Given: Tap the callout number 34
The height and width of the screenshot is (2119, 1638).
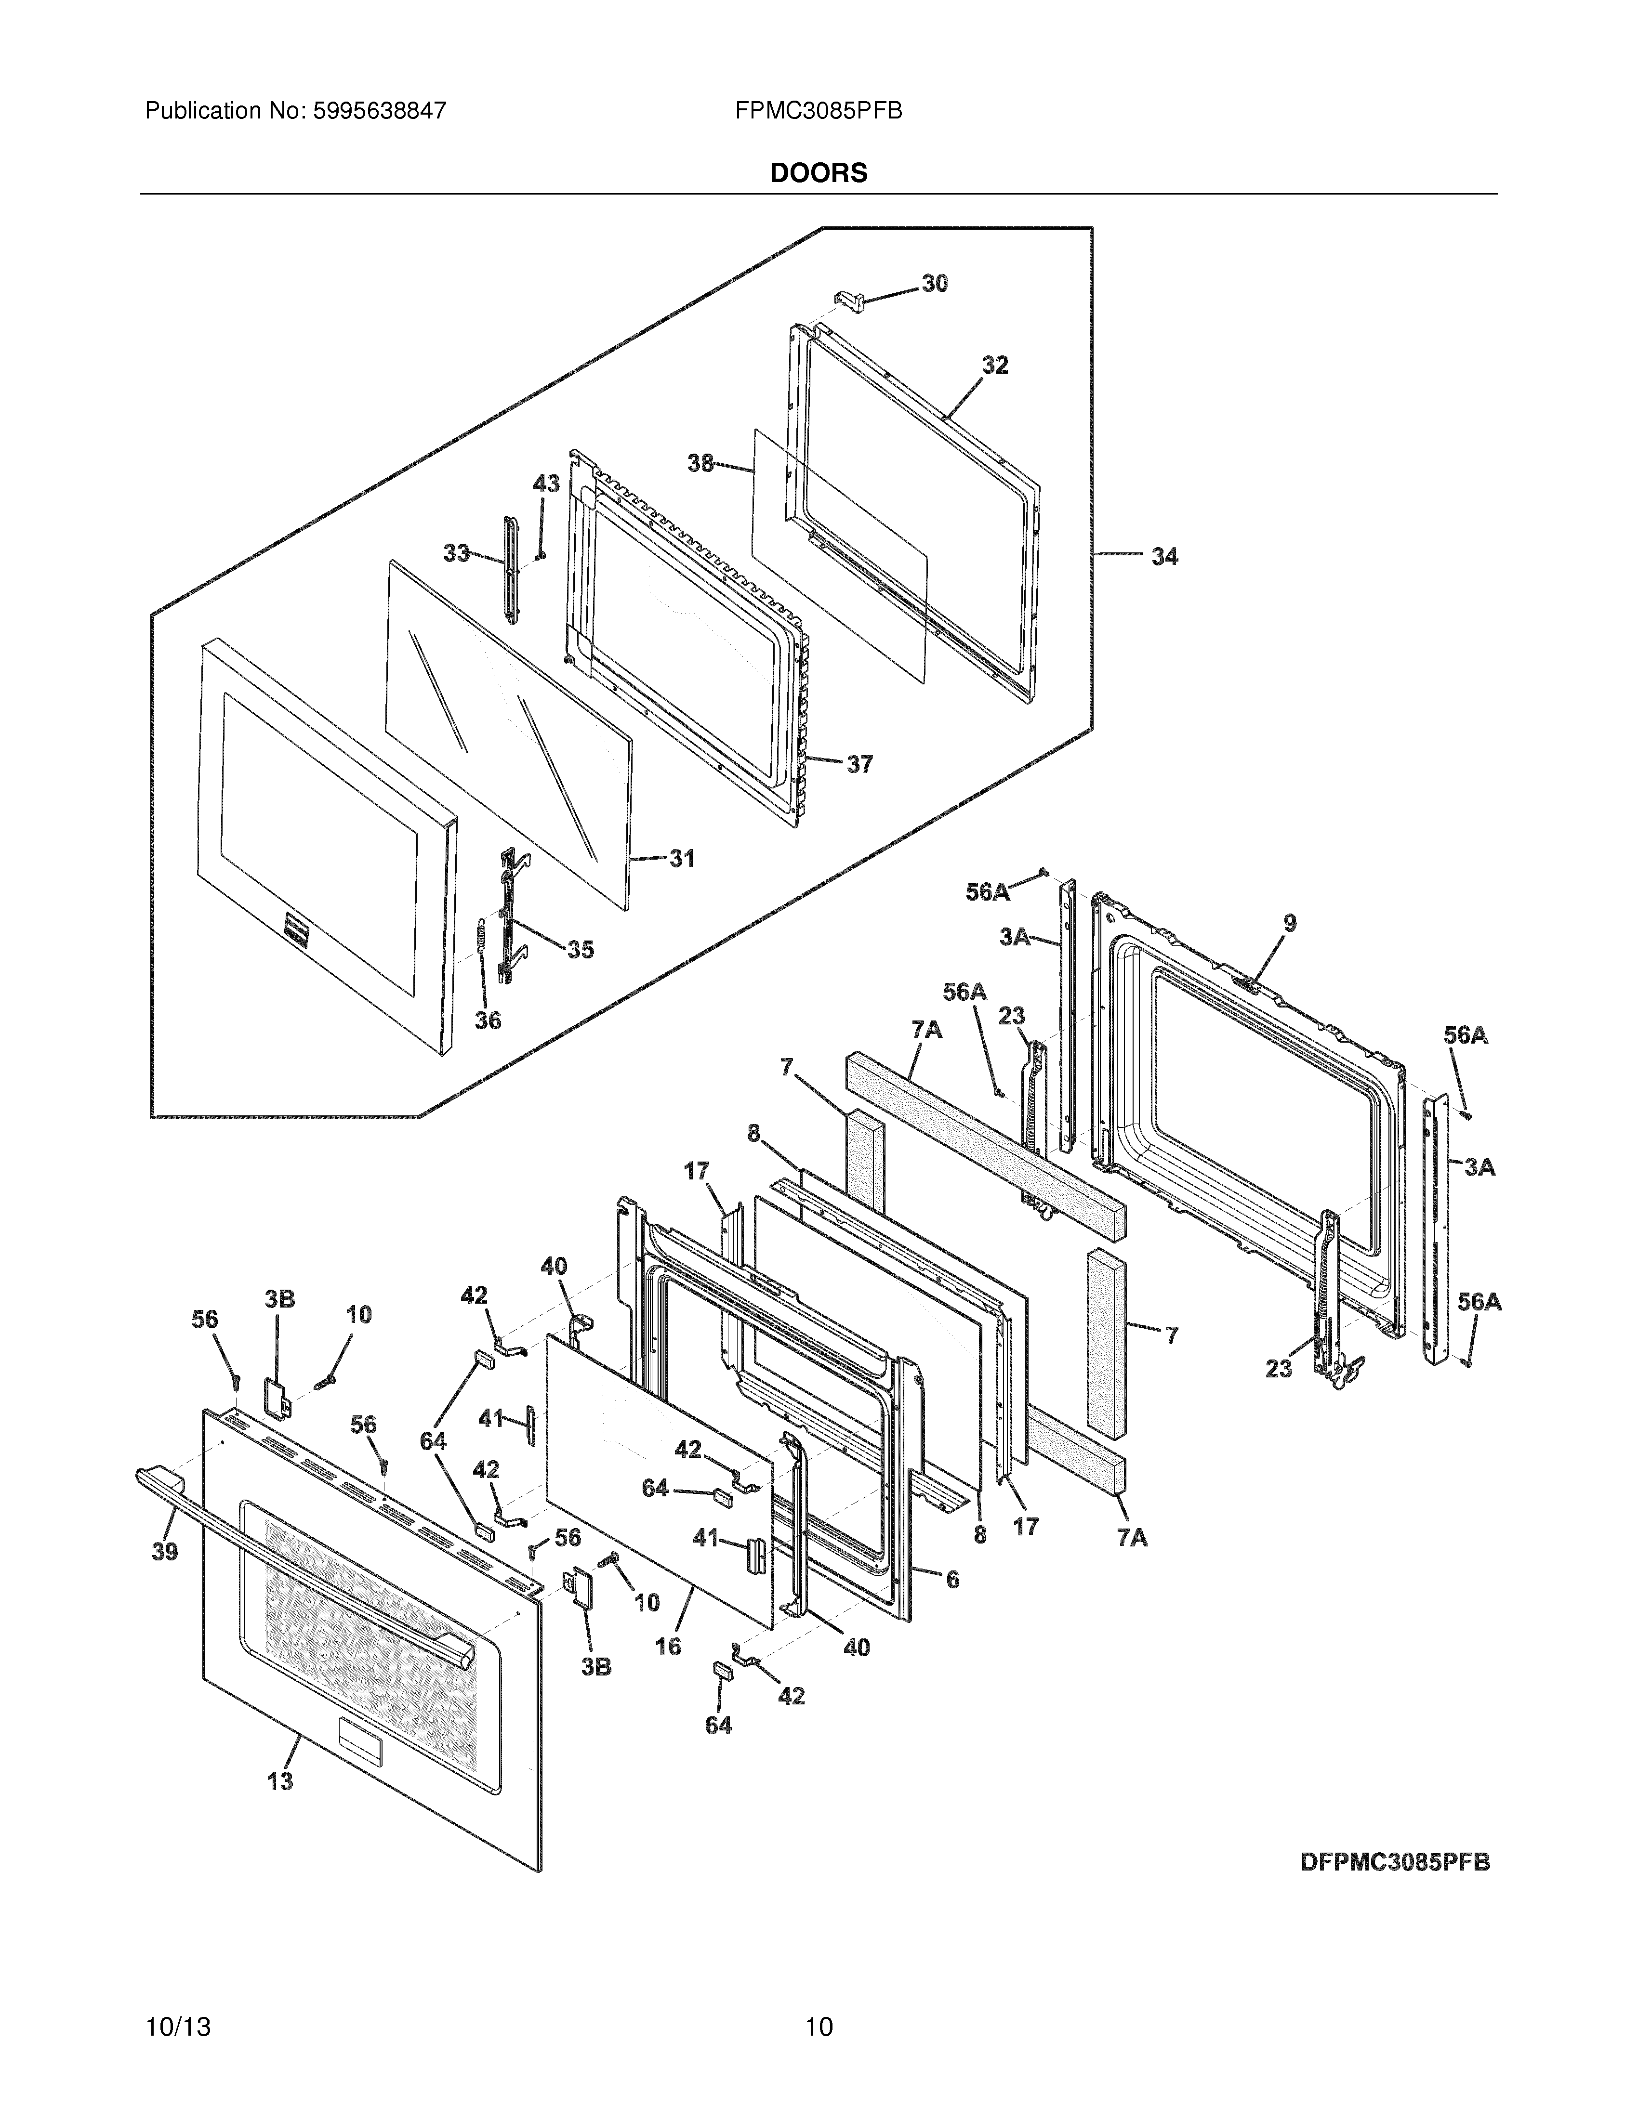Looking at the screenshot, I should coord(1164,557).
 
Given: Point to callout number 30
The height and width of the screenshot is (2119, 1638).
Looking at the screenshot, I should coord(935,283).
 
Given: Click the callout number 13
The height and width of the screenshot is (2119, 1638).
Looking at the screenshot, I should coord(280,1781).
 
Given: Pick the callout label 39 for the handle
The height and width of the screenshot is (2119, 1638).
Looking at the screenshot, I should coord(165,1551).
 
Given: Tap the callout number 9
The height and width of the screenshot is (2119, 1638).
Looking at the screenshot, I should coord(1290,924).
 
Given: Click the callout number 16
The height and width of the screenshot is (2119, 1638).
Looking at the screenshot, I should coord(669,1647).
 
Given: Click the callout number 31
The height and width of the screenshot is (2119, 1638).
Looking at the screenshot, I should coord(682,859).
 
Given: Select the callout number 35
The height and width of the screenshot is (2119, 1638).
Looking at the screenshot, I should coord(581,950).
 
